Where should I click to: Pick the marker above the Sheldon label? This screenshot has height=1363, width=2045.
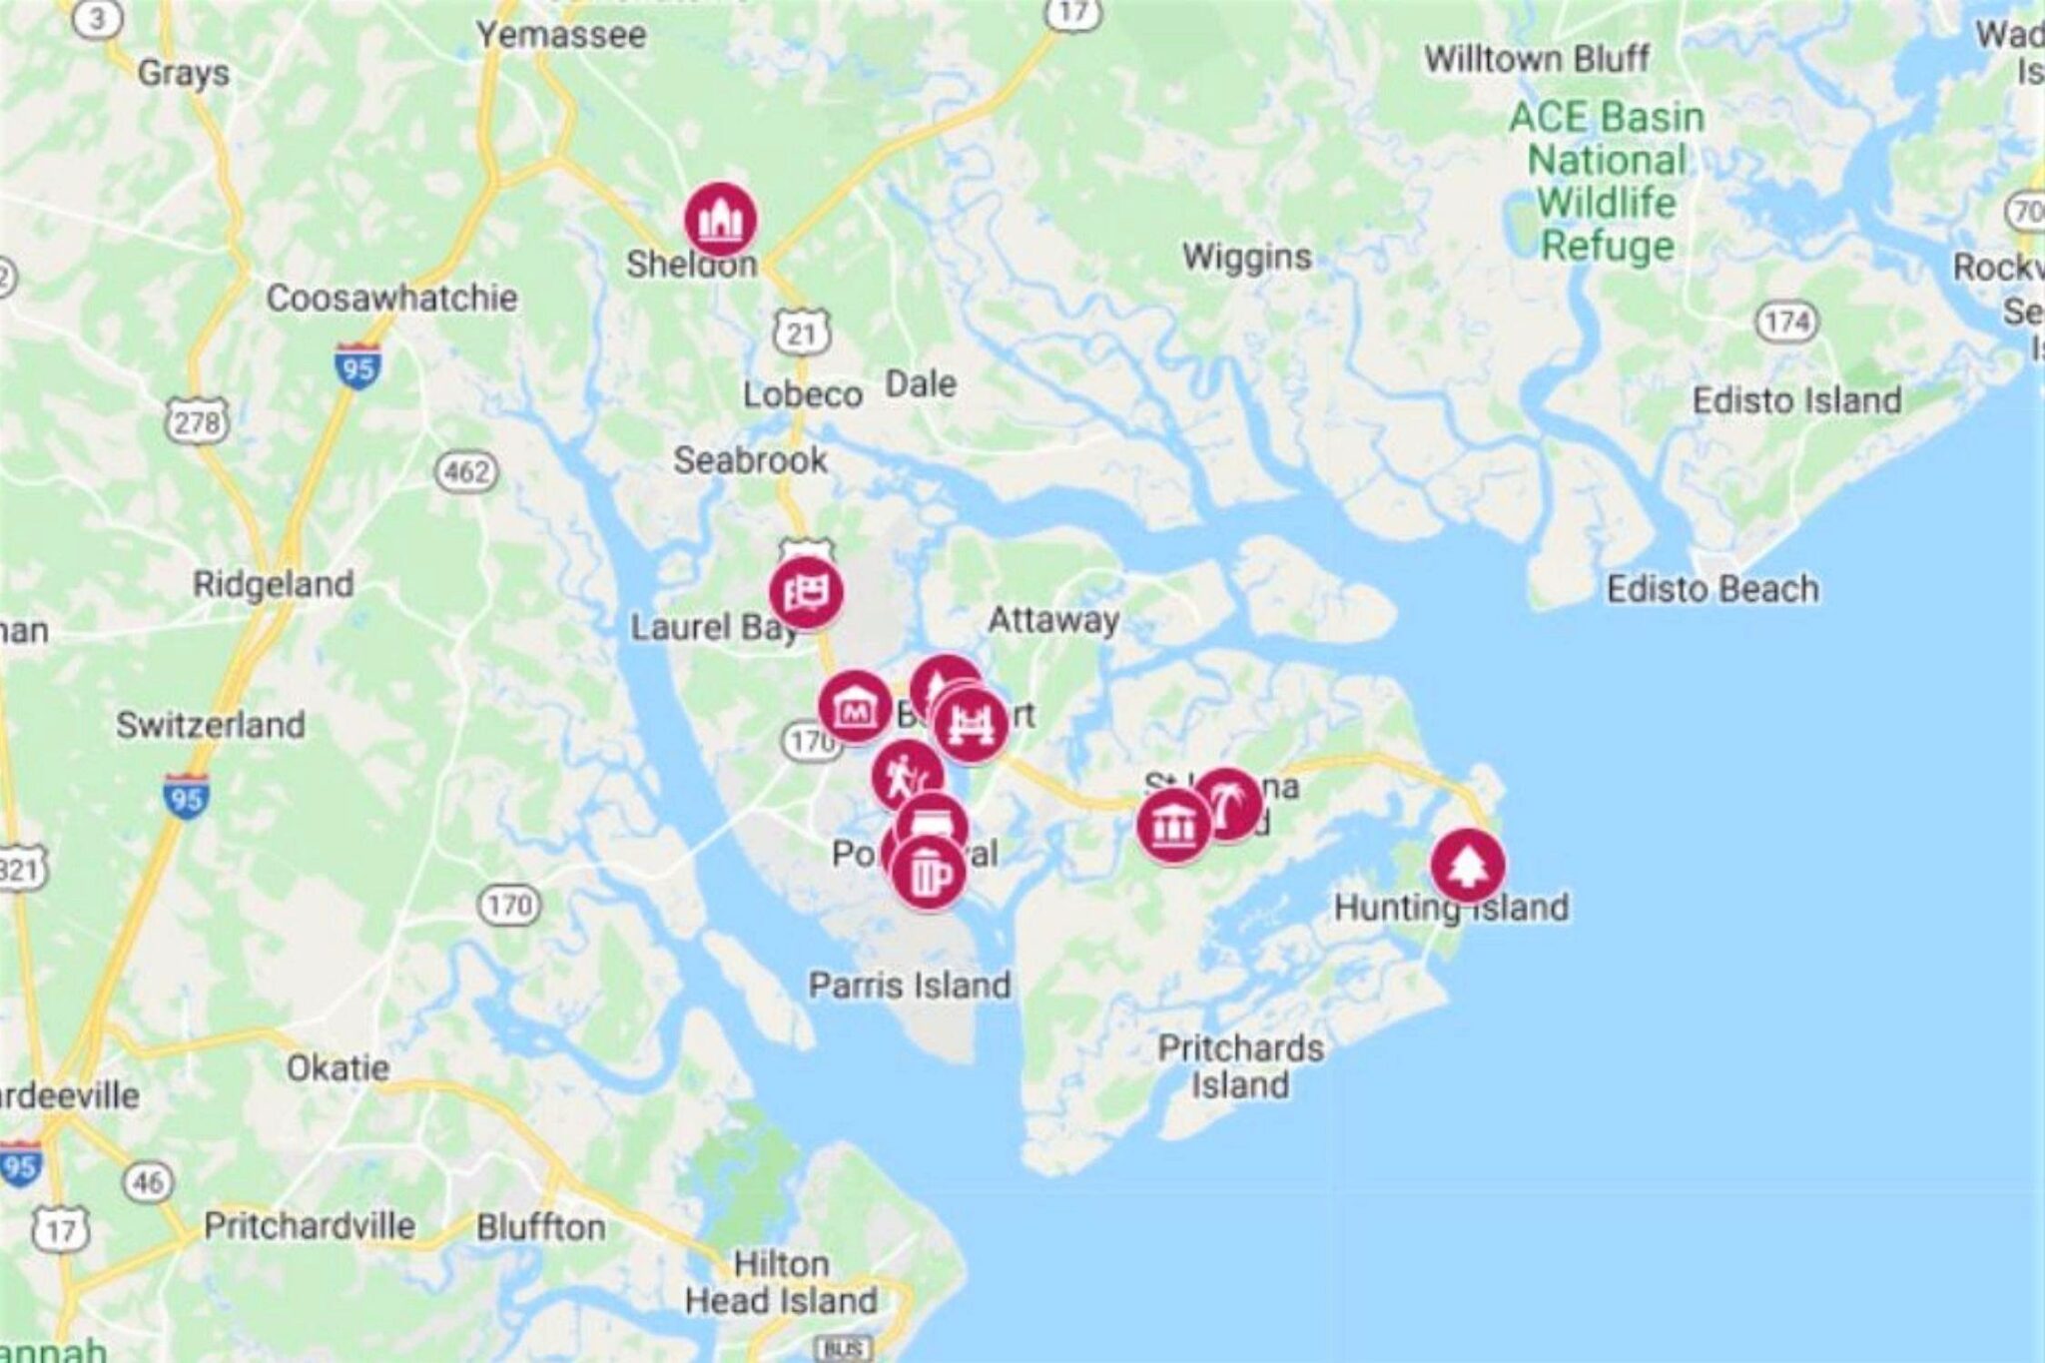click(720, 219)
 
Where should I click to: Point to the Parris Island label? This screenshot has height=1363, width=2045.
click(909, 986)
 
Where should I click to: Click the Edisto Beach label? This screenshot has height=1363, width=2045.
click(1711, 589)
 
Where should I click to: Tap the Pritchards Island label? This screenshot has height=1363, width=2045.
click(1240, 1066)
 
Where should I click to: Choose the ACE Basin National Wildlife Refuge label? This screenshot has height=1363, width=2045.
click(1606, 181)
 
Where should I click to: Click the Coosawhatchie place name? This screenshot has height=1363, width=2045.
click(391, 298)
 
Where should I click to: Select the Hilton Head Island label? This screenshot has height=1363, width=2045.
click(781, 1282)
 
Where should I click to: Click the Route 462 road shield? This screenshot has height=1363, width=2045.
click(466, 471)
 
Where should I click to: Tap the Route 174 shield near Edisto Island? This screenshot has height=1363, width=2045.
click(1786, 322)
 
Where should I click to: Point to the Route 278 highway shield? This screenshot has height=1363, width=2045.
click(197, 422)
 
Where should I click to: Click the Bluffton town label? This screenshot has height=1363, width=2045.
click(540, 1227)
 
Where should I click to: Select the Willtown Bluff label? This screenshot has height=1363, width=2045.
click(1536, 59)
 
